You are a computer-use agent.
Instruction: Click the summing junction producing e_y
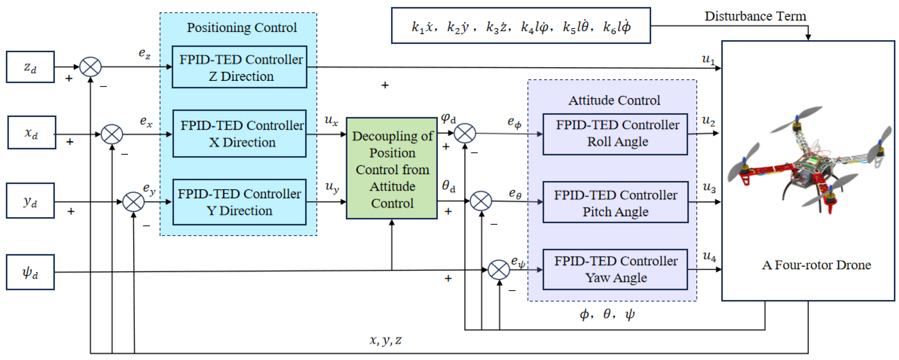point(133,202)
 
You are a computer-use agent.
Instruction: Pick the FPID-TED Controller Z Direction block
point(239,67)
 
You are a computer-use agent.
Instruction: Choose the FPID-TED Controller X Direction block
point(239,134)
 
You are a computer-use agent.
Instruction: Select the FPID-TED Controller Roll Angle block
point(615,134)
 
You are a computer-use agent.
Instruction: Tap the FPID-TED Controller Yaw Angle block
point(615,269)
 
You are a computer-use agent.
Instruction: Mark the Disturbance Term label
point(755,16)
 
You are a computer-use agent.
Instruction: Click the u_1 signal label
point(708,59)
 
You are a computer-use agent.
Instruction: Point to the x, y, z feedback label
point(385,340)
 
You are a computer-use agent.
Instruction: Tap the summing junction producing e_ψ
point(499,270)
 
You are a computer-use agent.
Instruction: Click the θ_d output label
point(448,186)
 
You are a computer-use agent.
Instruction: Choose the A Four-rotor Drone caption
point(816,265)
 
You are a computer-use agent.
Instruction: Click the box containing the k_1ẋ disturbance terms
point(521,26)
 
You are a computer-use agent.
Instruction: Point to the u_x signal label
point(331,120)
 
